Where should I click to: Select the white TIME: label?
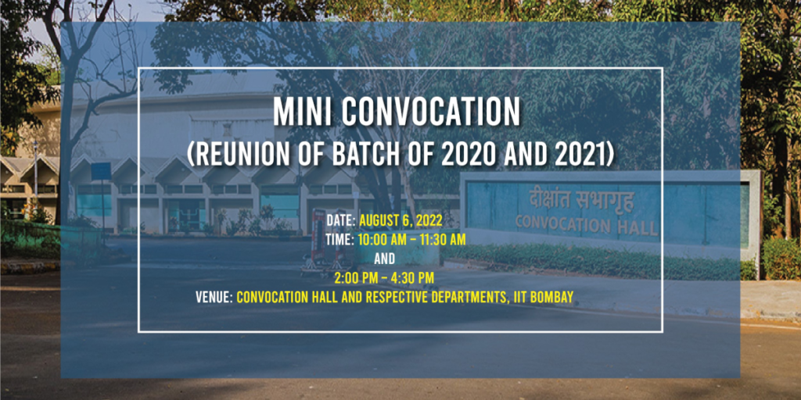(339, 240)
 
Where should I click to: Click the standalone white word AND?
(384, 259)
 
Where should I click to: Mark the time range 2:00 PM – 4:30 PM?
(384, 277)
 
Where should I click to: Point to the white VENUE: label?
(214, 297)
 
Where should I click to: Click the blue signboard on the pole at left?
(100, 170)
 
